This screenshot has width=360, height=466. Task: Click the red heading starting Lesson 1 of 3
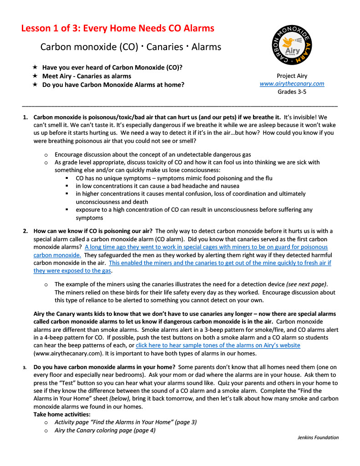click(x=117, y=29)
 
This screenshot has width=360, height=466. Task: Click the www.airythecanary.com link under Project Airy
click(x=292, y=84)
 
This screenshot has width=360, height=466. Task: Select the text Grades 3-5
click(x=292, y=91)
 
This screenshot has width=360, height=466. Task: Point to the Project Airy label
click(x=292, y=76)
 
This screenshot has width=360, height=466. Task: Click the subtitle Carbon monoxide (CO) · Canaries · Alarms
click(x=131, y=47)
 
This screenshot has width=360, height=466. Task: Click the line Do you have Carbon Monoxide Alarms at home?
click(x=113, y=85)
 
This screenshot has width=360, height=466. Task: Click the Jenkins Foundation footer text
click(x=318, y=437)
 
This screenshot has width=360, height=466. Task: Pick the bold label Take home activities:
click(x=62, y=415)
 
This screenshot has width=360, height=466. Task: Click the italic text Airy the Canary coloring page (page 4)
click(x=105, y=430)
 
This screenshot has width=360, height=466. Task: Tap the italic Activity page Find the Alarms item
click(x=126, y=422)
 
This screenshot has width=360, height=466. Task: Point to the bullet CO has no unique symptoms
click(x=174, y=178)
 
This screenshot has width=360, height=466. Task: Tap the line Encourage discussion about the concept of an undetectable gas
click(x=152, y=155)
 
